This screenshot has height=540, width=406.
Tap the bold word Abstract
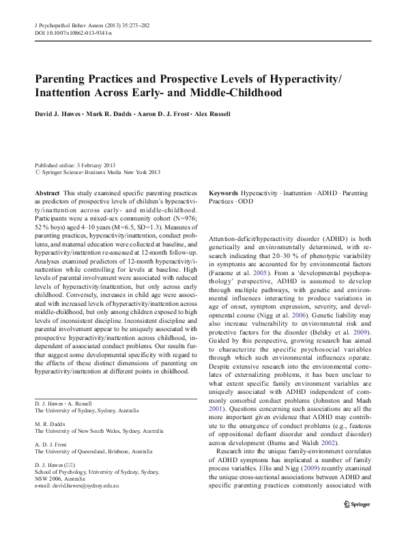47,194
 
